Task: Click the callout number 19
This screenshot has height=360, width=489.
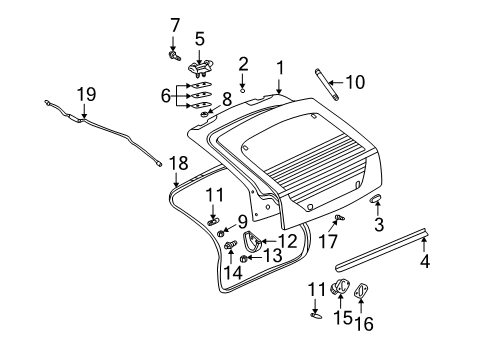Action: tap(87, 94)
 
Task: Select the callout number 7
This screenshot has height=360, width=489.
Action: tap(174, 23)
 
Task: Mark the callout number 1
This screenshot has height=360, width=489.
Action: tap(281, 68)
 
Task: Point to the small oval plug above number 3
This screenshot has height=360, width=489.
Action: tap(376, 200)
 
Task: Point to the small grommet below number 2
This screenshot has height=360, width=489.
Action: tap(242, 89)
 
